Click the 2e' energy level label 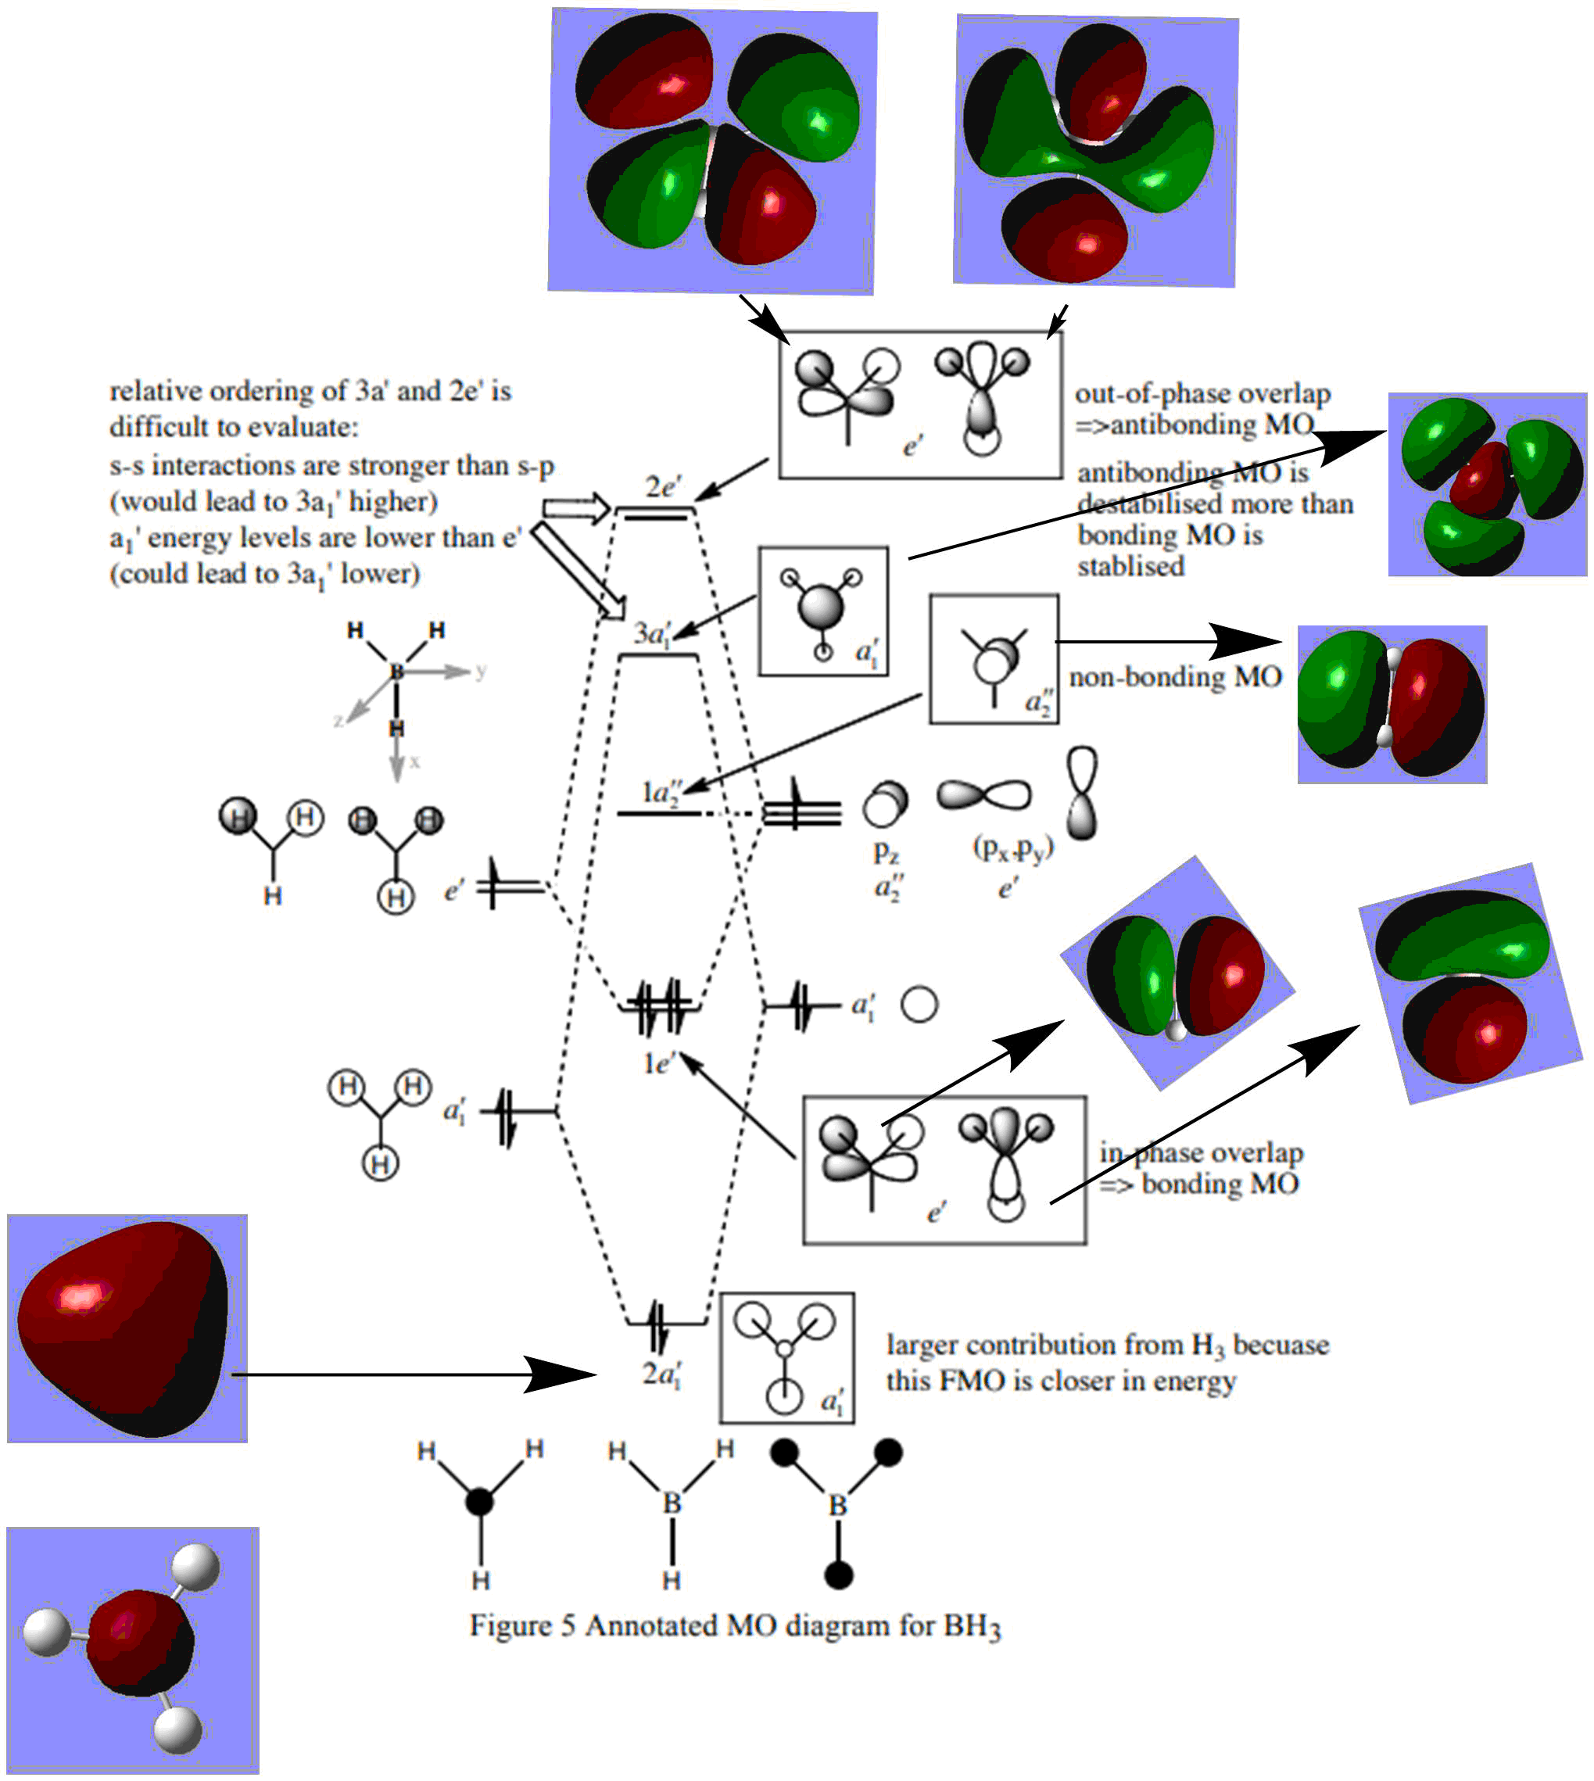662,487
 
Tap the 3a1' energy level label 653,633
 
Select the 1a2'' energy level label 661,793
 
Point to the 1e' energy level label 657,1063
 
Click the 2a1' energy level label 661,1374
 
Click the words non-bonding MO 1174,677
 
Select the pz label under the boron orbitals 886,850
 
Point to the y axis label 480,671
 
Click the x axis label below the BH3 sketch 414,761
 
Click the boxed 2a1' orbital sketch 786,1357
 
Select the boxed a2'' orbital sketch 993,659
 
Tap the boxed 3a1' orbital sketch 822,611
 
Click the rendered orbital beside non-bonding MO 1391,704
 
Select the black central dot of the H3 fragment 479,1502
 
